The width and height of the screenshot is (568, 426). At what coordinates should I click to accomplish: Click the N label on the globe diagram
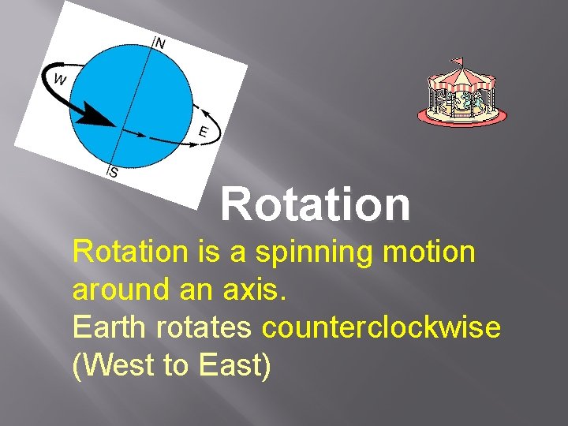(x=160, y=43)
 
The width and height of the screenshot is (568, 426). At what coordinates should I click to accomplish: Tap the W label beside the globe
(x=60, y=79)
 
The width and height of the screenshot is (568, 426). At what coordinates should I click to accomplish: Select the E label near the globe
(x=203, y=133)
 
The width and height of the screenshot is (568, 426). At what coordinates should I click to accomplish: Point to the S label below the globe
(x=114, y=173)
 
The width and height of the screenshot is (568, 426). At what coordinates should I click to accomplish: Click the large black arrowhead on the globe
(x=99, y=117)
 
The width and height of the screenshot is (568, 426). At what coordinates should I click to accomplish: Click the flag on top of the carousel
(x=457, y=60)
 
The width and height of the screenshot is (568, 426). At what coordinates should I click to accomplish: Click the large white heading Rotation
(x=316, y=204)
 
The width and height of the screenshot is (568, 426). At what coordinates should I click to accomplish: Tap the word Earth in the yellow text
(x=109, y=327)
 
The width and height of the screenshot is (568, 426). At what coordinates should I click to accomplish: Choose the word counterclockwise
(x=381, y=327)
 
